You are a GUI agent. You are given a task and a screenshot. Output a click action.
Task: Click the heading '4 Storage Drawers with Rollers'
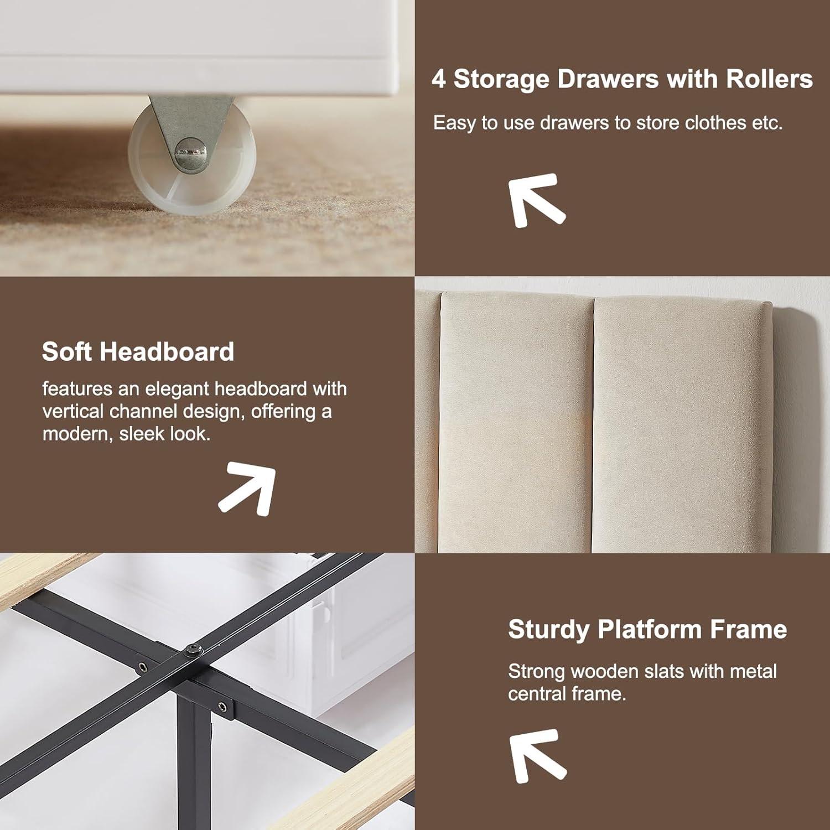click(622, 79)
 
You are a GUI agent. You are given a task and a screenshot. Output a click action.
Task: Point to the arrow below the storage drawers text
click(535, 199)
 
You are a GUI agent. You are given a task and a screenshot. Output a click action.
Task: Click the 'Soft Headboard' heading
click(138, 351)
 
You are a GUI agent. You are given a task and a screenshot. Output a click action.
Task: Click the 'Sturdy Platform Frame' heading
click(647, 629)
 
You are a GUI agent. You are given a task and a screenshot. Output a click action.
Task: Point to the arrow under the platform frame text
click(536, 755)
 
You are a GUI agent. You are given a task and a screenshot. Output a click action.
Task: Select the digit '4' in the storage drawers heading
click(439, 79)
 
